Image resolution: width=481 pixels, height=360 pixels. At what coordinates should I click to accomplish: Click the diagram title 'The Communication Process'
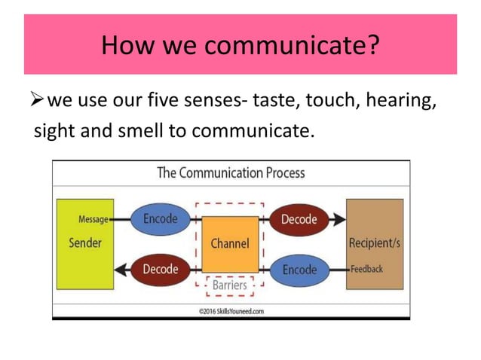point(231,172)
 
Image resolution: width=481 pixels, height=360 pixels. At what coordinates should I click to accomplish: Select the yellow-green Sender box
point(84,243)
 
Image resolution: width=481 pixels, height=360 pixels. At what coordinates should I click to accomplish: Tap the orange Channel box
point(229,243)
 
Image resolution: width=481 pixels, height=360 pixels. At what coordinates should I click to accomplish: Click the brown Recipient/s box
point(374,243)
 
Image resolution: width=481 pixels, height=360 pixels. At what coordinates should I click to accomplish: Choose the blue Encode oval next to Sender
point(160,219)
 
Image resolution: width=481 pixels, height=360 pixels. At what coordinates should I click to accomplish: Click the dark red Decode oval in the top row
point(299,219)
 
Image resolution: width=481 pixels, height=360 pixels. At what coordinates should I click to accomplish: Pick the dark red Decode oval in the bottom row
point(160,268)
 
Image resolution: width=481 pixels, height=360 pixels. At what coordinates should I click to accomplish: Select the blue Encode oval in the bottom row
point(299,268)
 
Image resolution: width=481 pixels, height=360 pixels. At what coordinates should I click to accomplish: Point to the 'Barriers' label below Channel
point(229,285)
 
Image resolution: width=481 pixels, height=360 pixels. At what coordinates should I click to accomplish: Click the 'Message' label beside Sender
point(92,219)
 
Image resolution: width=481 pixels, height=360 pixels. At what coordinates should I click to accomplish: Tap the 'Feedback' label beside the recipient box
point(367,269)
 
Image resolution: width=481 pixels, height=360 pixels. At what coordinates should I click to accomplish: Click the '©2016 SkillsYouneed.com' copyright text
point(231,310)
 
